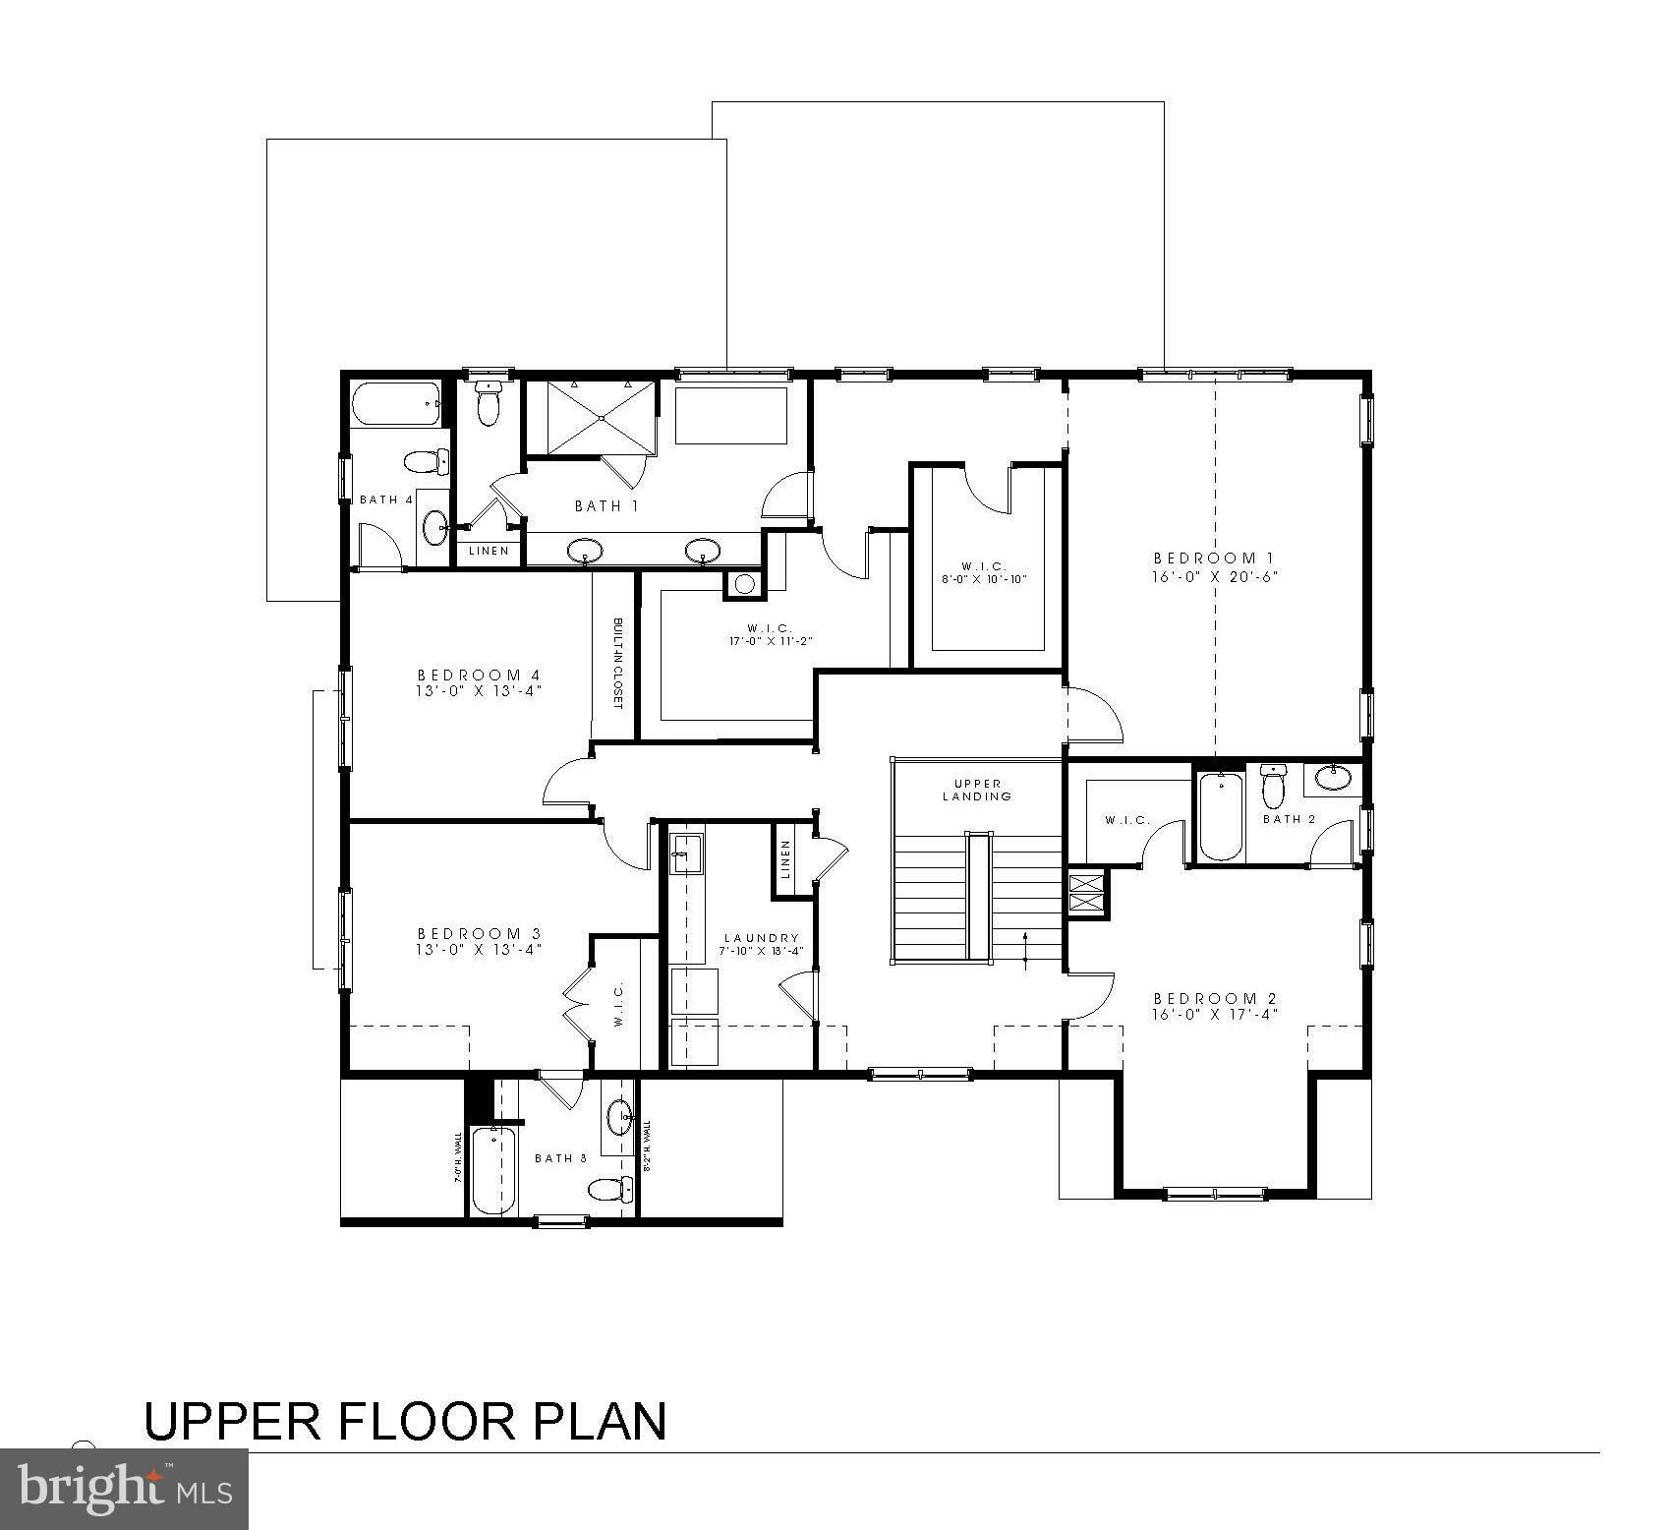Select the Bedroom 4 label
(479, 675)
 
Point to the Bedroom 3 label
(479, 933)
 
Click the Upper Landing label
(977, 790)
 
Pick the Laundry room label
(761, 938)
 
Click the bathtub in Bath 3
(492, 1170)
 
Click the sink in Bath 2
(1333, 777)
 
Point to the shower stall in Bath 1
(601, 418)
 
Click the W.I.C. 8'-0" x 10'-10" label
(983, 572)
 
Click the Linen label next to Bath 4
(489, 551)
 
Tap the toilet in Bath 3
(609, 1190)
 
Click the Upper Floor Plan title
(405, 1422)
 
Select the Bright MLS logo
(124, 1489)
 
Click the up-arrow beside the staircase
(1025, 949)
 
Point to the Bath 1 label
(606, 505)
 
